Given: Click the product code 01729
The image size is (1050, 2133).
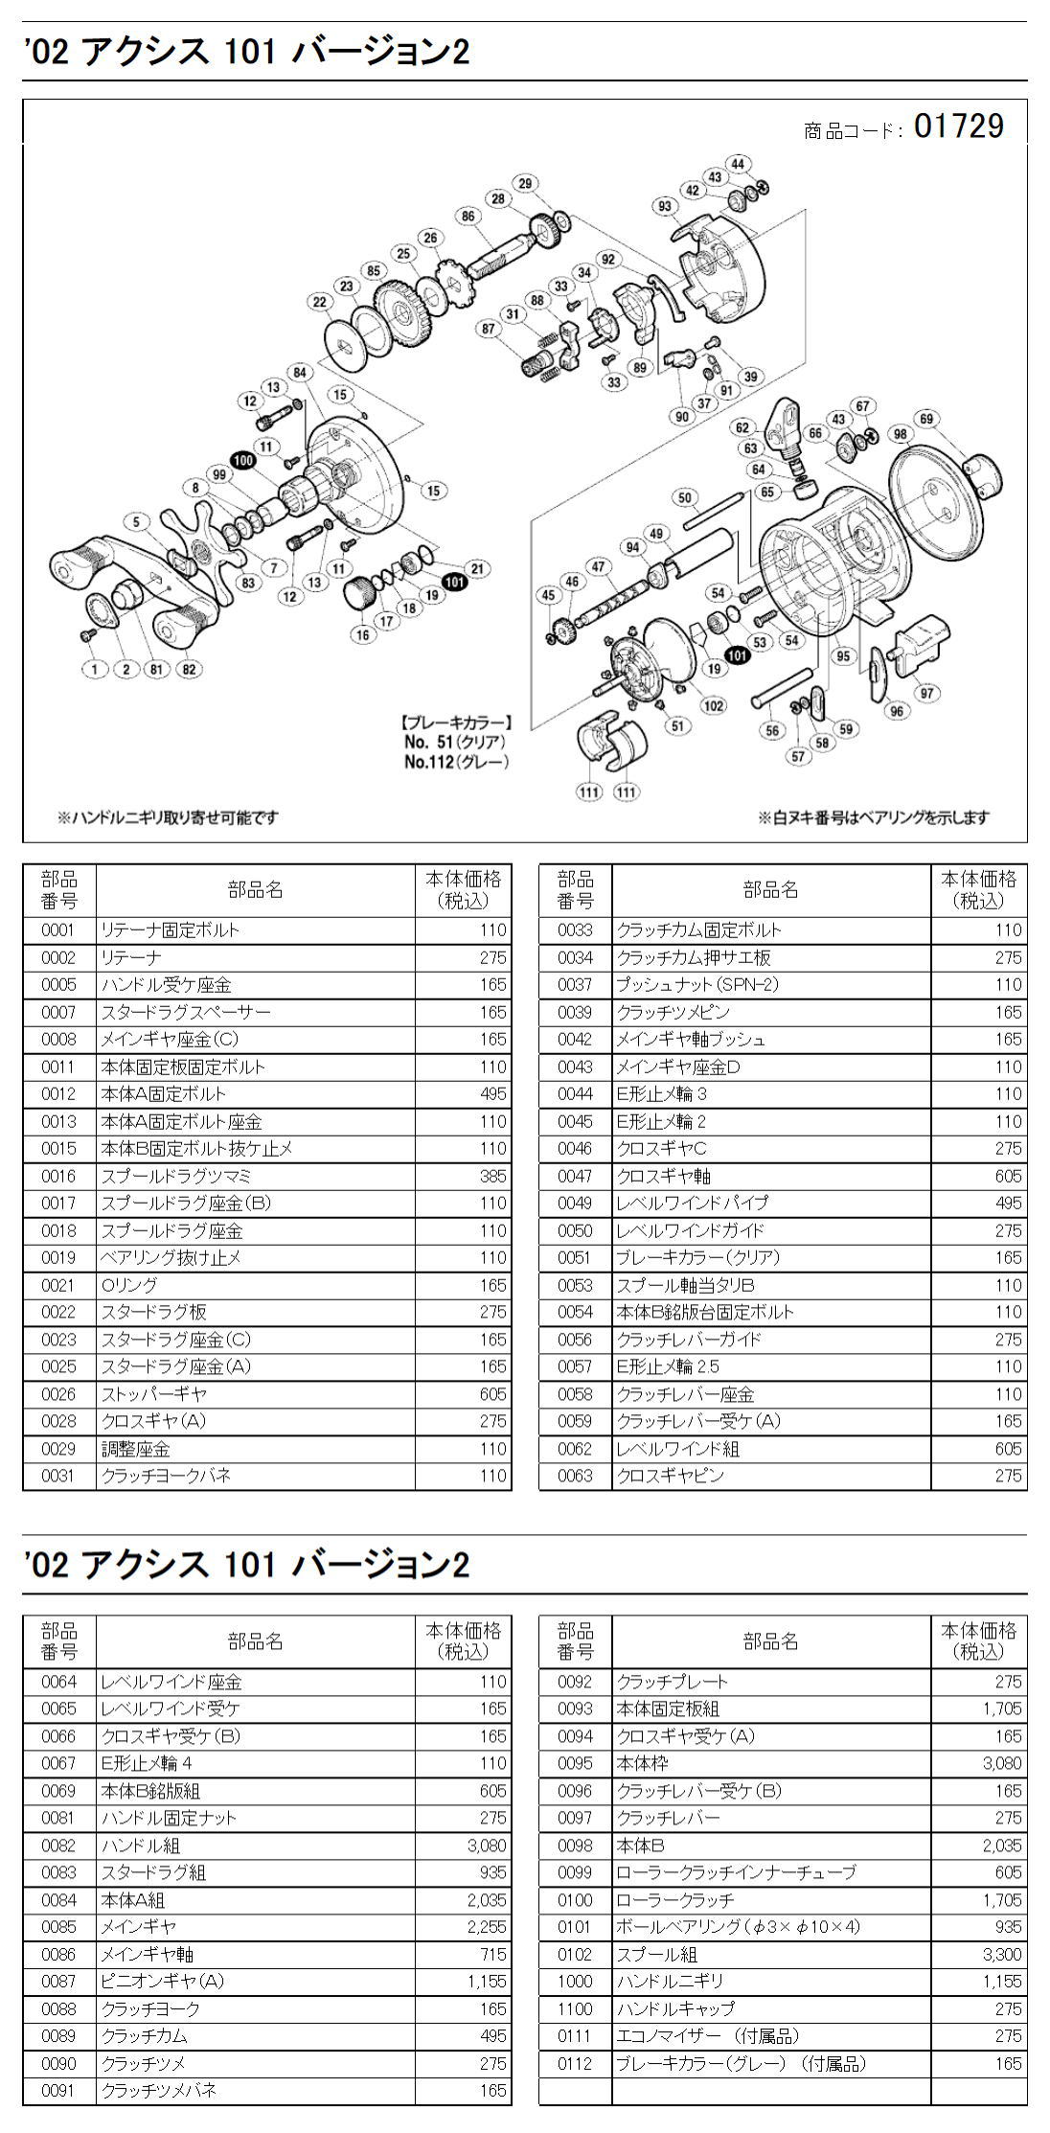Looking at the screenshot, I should tap(959, 126).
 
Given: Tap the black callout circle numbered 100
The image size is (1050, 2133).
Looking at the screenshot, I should tap(242, 460).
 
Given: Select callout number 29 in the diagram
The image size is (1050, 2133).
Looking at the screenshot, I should tap(524, 183).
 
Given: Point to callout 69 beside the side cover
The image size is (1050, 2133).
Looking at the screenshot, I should tap(926, 419).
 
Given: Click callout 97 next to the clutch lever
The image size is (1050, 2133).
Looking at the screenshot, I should tap(925, 693).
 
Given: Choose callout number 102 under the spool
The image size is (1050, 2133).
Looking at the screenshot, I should tap(713, 706).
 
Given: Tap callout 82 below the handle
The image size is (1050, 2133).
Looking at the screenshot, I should tap(189, 669).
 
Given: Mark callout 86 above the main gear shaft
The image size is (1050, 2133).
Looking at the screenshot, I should tap(468, 217).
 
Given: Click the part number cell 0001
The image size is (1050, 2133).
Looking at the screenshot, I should tap(58, 929).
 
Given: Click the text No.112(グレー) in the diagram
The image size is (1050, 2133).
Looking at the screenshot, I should tap(456, 763).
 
